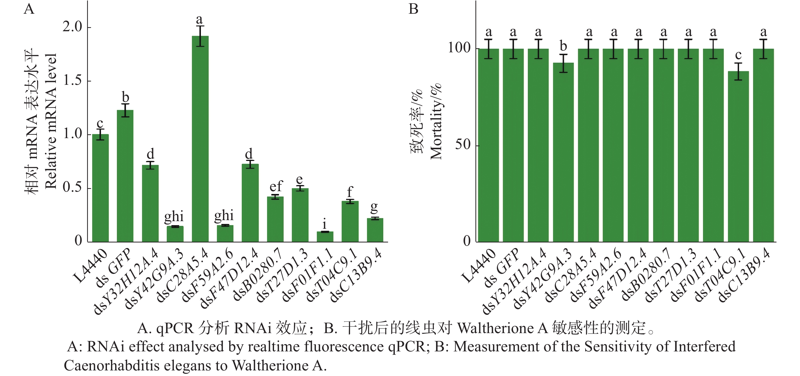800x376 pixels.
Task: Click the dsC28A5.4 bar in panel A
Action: point(200,139)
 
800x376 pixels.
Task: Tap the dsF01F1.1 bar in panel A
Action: point(325,237)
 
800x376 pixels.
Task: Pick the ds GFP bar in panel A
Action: point(125,176)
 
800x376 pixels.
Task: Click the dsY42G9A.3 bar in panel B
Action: point(563,152)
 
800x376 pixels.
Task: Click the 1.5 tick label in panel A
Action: point(73,81)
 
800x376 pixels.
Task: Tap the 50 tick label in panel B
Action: point(463,145)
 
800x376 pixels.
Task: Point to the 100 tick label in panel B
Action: point(459,48)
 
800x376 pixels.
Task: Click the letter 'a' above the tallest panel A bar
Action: point(199,20)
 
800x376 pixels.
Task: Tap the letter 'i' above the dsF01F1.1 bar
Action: point(325,224)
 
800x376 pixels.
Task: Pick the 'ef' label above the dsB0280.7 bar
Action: point(276,186)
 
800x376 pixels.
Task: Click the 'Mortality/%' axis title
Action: point(436,121)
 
